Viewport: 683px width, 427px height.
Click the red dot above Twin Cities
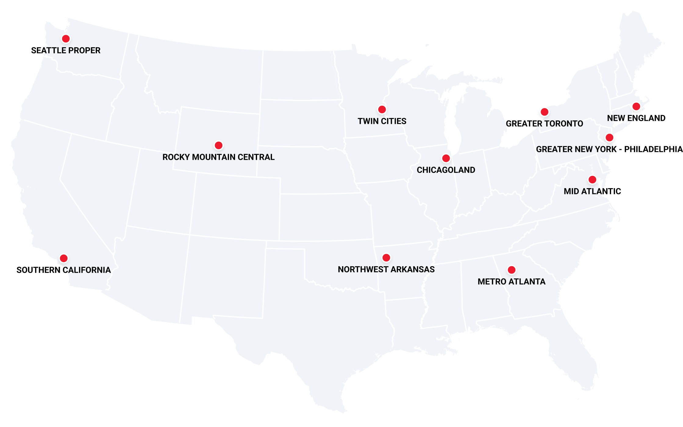pyautogui.click(x=382, y=109)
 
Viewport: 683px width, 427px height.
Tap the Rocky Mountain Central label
pyautogui.click(x=218, y=157)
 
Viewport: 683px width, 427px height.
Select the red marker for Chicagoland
pyautogui.click(x=446, y=158)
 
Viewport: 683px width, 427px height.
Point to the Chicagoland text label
pyautogui.click(x=446, y=170)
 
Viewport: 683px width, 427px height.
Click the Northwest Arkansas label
pyautogui.click(x=386, y=269)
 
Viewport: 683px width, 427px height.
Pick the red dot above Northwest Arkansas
pyautogui.click(x=386, y=258)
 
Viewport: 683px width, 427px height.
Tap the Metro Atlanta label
pyautogui.click(x=511, y=282)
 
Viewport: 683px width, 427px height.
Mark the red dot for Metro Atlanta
pyautogui.click(x=511, y=270)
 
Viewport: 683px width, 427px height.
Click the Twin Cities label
pyautogui.click(x=382, y=121)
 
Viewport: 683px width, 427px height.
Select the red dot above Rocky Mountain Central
pyautogui.click(x=218, y=145)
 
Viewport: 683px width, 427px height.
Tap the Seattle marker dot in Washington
pyautogui.click(x=66, y=39)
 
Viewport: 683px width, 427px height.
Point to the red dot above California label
pyautogui.click(x=63, y=258)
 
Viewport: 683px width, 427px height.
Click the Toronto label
pyautogui.click(x=563, y=124)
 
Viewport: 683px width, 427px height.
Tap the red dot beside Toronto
pyautogui.click(x=544, y=112)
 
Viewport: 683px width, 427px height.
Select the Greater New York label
pyautogui.click(x=573, y=149)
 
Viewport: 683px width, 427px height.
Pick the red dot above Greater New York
pyautogui.click(x=609, y=137)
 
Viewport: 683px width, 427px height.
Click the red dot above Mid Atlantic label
pyautogui.click(x=592, y=179)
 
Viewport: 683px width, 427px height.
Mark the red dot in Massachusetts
pyautogui.click(x=636, y=106)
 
